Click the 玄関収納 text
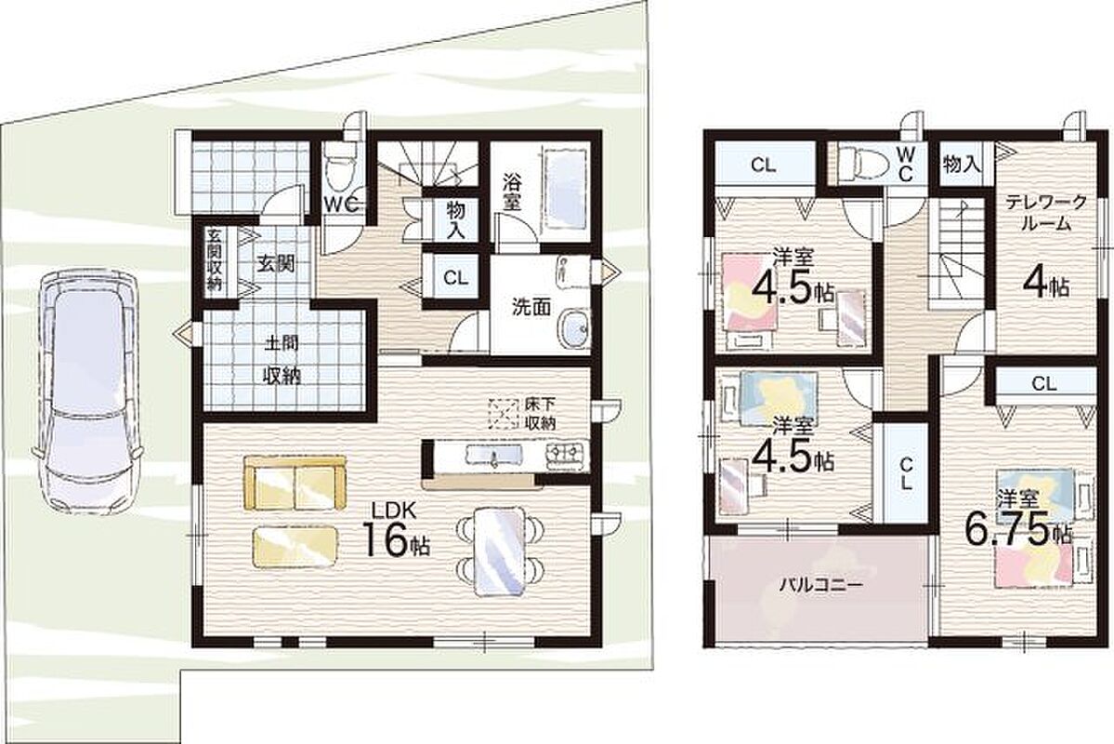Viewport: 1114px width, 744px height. point(214,259)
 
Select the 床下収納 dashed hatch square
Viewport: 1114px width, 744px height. point(503,414)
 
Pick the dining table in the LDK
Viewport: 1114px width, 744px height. point(500,550)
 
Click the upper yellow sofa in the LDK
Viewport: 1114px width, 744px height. point(295,483)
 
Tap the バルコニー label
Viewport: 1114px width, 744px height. point(820,586)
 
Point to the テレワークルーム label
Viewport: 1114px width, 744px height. point(1045,213)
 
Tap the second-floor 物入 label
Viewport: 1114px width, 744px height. point(962,165)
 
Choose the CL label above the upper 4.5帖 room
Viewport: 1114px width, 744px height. point(762,166)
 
